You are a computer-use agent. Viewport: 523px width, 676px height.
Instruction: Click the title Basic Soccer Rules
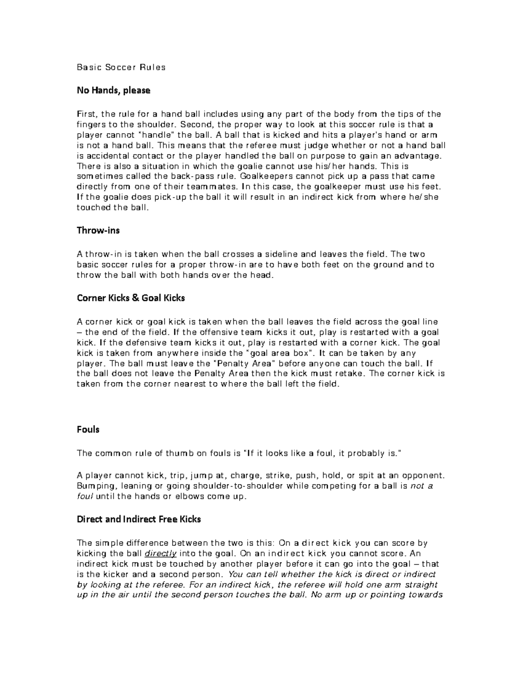pyautogui.click(x=121, y=67)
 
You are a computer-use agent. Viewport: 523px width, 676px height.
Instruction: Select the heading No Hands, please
pyautogui.click(x=113, y=91)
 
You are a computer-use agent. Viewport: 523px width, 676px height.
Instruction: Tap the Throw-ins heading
pyautogui.click(x=98, y=231)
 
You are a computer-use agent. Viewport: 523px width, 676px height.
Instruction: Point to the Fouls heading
pyautogui.click(x=88, y=430)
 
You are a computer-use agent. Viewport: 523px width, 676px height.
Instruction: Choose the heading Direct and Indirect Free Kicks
pyautogui.click(x=139, y=519)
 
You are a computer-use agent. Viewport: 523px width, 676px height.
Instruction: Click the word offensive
pyautogui.click(x=221, y=332)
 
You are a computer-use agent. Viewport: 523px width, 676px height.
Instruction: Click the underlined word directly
pyautogui.click(x=160, y=554)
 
